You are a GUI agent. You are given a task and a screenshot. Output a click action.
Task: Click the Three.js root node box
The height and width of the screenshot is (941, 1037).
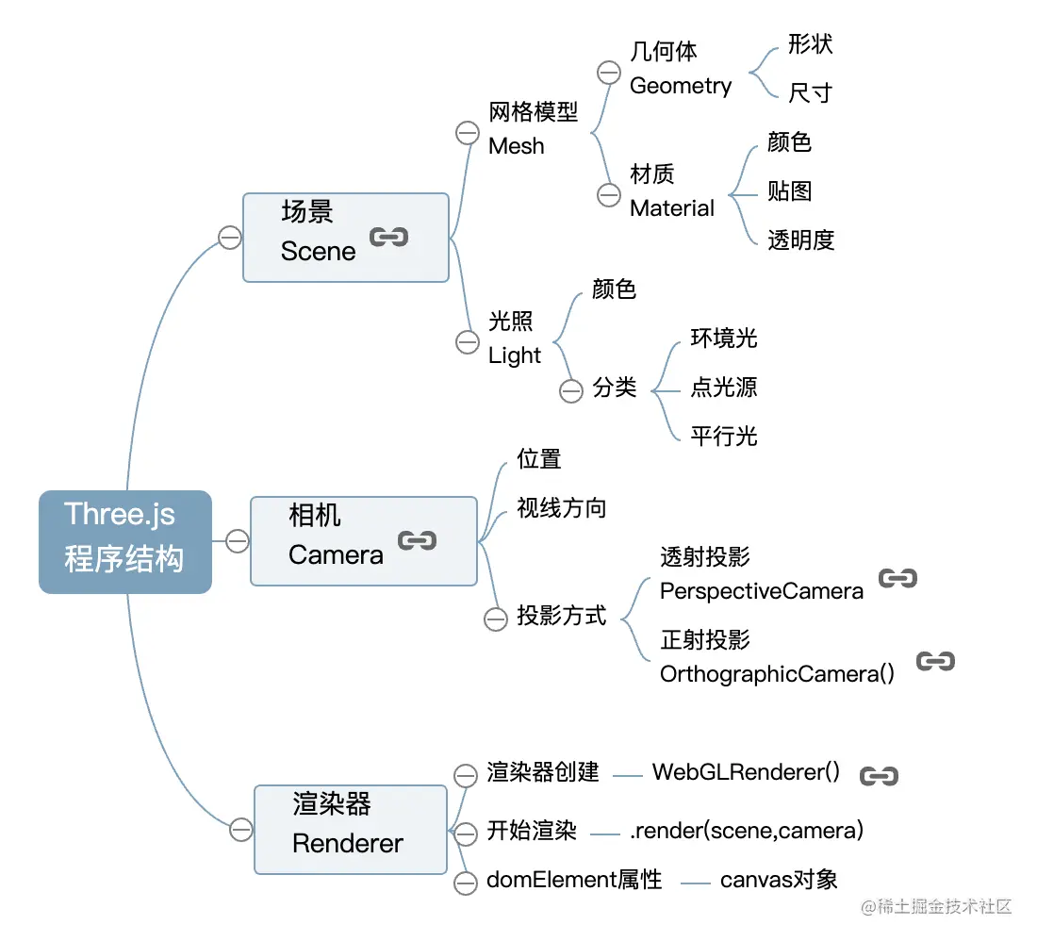[x=124, y=542]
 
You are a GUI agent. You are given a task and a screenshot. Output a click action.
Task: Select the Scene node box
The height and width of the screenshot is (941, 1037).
[x=345, y=238]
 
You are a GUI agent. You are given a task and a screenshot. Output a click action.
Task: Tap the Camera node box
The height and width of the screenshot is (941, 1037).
[x=363, y=541]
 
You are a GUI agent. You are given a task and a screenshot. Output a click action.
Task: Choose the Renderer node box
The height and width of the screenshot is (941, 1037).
[x=350, y=830]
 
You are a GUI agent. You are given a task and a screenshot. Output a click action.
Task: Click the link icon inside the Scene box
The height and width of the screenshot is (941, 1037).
[x=388, y=237]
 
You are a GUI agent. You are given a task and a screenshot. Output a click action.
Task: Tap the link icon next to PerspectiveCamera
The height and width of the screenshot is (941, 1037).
[x=897, y=578]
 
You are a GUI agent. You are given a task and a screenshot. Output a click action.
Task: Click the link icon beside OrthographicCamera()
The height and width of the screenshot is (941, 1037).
[x=935, y=661]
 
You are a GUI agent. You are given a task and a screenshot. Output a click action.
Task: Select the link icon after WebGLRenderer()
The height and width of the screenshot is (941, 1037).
[x=879, y=776]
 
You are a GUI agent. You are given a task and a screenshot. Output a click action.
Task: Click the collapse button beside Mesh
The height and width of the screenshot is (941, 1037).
[x=467, y=133]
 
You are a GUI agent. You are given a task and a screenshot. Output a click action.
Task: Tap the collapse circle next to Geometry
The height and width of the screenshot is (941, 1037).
[x=609, y=73]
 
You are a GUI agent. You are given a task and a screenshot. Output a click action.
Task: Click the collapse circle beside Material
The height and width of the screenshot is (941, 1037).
[x=609, y=194]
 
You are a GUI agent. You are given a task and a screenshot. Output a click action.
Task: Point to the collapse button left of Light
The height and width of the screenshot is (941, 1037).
[x=467, y=341]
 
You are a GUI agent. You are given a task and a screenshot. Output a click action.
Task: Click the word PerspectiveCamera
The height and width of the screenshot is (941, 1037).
[x=762, y=591]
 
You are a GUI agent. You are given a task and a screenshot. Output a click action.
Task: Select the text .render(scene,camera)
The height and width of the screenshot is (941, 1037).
[x=747, y=831]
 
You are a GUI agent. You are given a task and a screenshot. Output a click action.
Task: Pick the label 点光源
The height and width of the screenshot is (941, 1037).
[x=723, y=388]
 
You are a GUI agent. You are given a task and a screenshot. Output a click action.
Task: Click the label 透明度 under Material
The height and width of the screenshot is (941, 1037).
[x=801, y=240]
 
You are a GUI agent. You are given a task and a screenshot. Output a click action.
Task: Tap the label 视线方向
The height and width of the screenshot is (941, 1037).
[x=561, y=509]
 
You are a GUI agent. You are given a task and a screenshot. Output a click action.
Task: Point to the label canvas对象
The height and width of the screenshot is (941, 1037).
[x=779, y=881]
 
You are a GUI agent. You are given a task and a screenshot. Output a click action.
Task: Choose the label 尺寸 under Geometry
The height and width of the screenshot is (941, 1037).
[x=811, y=92]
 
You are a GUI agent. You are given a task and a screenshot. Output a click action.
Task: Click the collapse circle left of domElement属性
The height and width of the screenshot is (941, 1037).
[x=466, y=883]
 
